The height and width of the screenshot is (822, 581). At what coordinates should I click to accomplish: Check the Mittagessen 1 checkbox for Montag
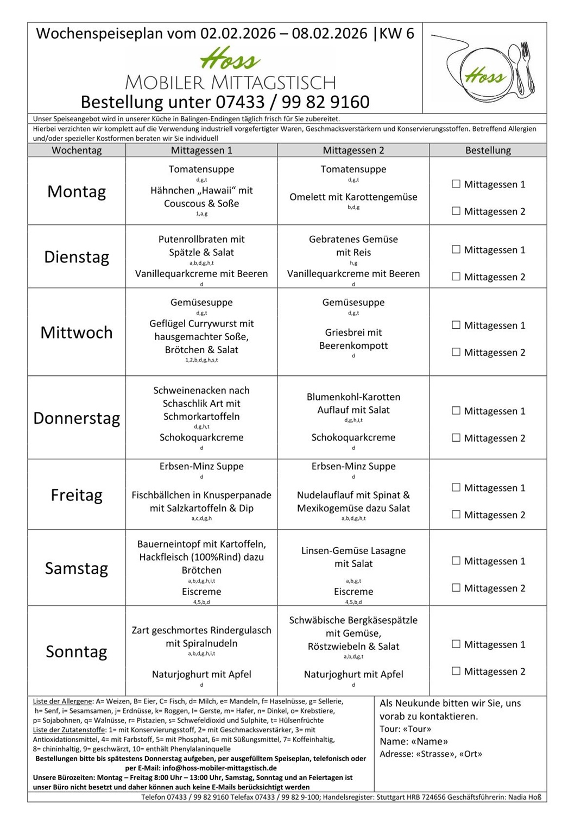tap(456, 184)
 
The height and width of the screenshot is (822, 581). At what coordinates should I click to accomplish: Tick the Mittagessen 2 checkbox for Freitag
tap(456, 514)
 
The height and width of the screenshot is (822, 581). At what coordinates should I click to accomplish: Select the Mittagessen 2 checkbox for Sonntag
tap(456, 671)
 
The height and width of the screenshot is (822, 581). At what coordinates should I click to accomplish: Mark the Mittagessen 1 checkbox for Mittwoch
tap(456, 325)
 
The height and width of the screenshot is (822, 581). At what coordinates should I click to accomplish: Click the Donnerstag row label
tap(77, 418)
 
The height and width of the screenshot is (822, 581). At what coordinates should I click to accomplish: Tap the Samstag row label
tap(77, 568)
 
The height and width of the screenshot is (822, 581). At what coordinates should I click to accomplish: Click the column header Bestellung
tap(488, 150)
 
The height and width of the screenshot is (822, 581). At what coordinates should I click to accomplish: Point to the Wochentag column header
tap(77, 150)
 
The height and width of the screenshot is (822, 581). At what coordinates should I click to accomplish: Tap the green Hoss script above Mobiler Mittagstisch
tap(230, 59)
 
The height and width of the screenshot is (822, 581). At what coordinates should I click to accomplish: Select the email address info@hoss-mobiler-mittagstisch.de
tap(219, 768)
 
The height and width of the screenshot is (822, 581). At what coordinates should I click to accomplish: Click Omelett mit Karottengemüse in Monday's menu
tap(353, 197)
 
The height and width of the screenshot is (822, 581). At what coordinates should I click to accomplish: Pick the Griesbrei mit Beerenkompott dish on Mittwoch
tap(353, 339)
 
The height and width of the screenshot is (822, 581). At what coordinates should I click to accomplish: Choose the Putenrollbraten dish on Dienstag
tap(201, 246)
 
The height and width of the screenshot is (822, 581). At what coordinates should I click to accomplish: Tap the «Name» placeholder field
tap(430, 741)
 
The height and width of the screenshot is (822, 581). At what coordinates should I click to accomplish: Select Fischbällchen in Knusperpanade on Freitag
tap(201, 501)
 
